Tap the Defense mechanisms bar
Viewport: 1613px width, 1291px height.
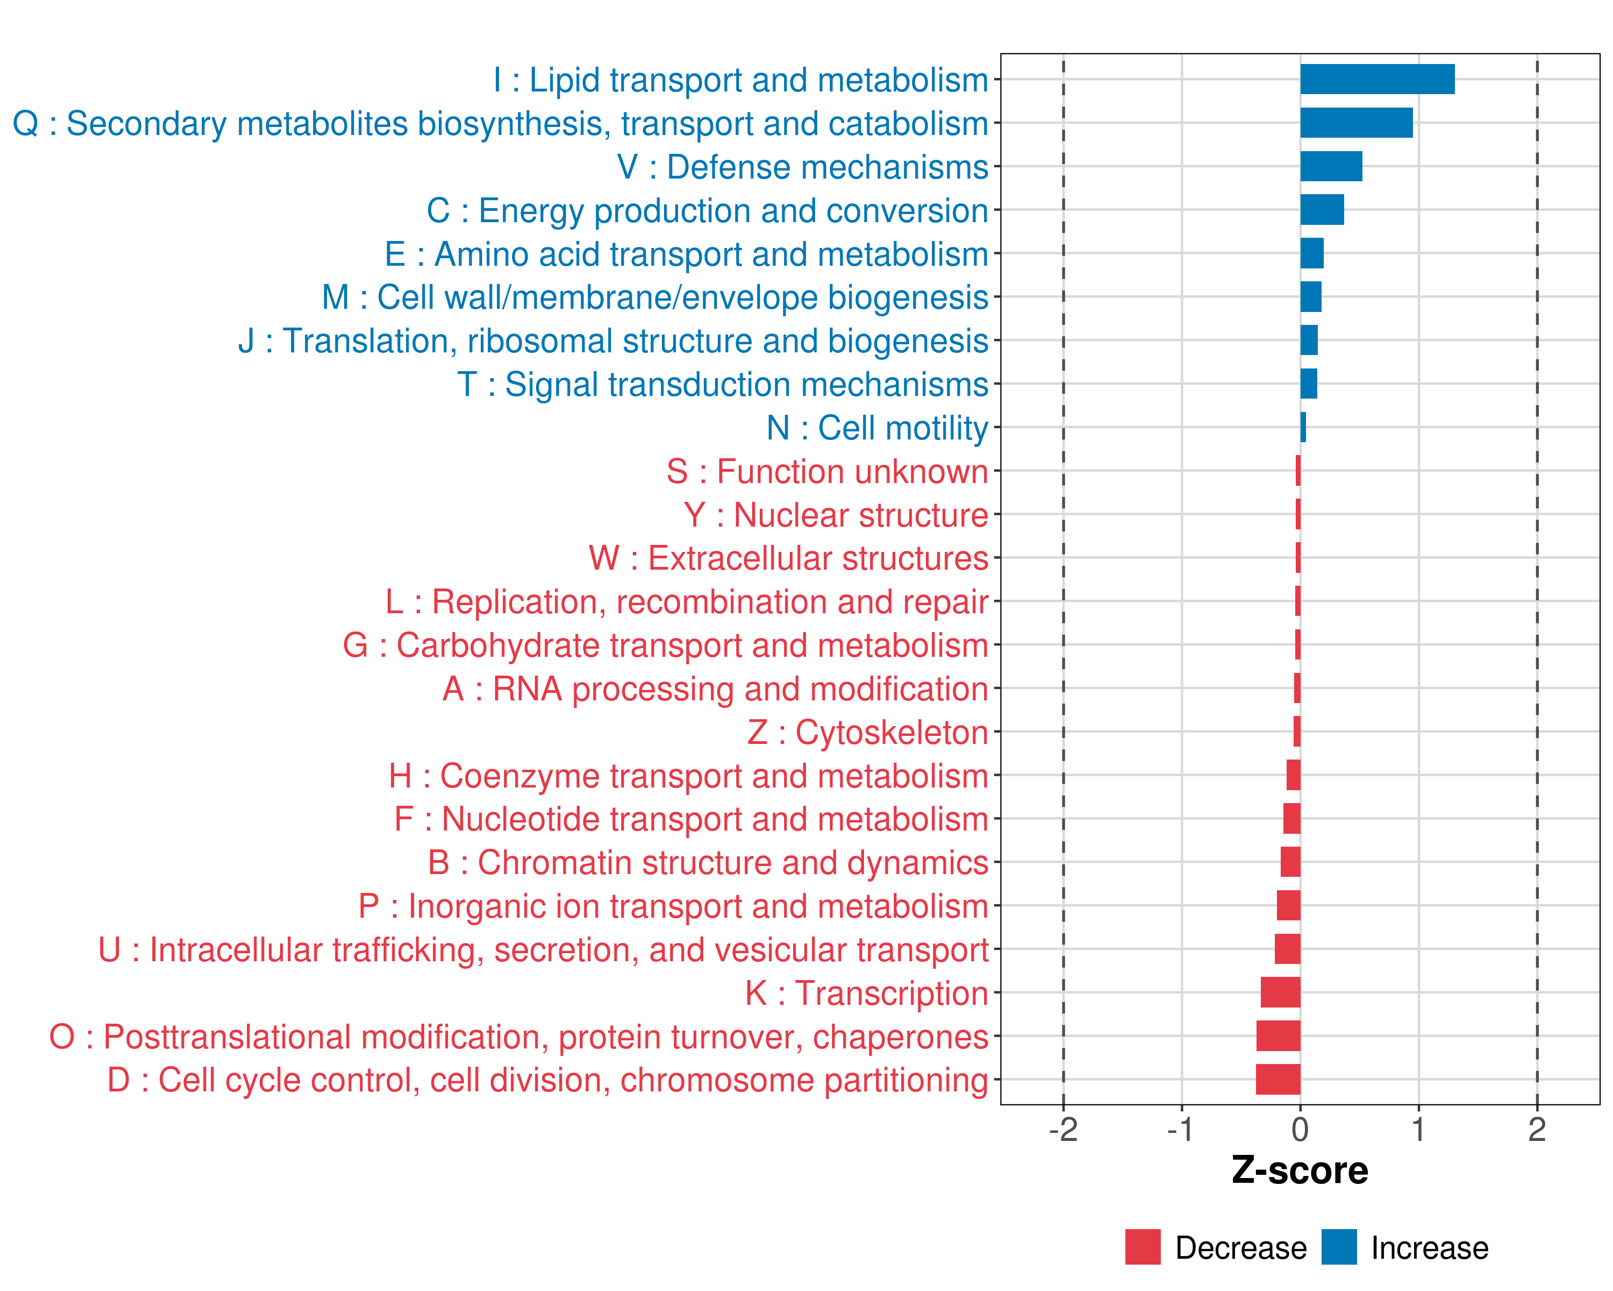pos(1330,166)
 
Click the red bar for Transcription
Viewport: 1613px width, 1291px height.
pos(1280,992)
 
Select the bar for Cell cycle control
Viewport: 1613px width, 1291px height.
pos(1278,1079)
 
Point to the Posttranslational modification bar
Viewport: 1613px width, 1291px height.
pos(1278,1036)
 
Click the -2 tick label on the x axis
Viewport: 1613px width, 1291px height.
pos(1062,1130)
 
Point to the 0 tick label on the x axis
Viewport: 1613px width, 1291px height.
pos(1300,1130)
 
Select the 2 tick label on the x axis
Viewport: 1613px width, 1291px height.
pos(1537,1130)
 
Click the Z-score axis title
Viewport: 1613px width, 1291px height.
pos(1300,1171)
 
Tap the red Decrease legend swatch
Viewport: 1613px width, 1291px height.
pos(1143,1247)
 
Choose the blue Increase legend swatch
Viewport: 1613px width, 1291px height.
pos(1338,1247)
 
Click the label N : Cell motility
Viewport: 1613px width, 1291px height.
pos(877,428)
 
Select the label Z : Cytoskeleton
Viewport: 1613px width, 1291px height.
pos(868,732)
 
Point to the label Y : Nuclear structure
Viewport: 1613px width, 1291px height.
pos(836,515)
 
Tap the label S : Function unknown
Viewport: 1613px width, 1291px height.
pos(827,472)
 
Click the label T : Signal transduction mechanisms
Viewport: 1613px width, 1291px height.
pos(723,385)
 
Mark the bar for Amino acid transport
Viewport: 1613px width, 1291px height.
pos(1311,253)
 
